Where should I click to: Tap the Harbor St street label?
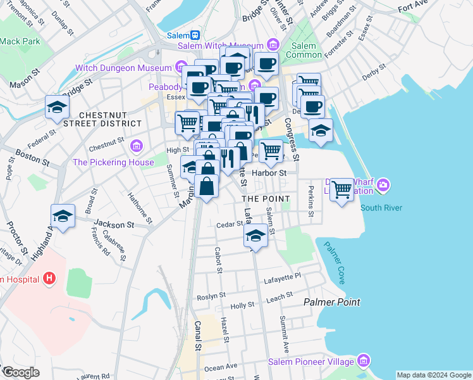[269, 172]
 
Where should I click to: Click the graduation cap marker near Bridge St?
[57, 108]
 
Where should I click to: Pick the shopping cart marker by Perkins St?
[342, 189]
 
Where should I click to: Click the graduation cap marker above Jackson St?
[63, 217]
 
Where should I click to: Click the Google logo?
[20, 372]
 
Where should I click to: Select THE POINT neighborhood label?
[266, 199]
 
